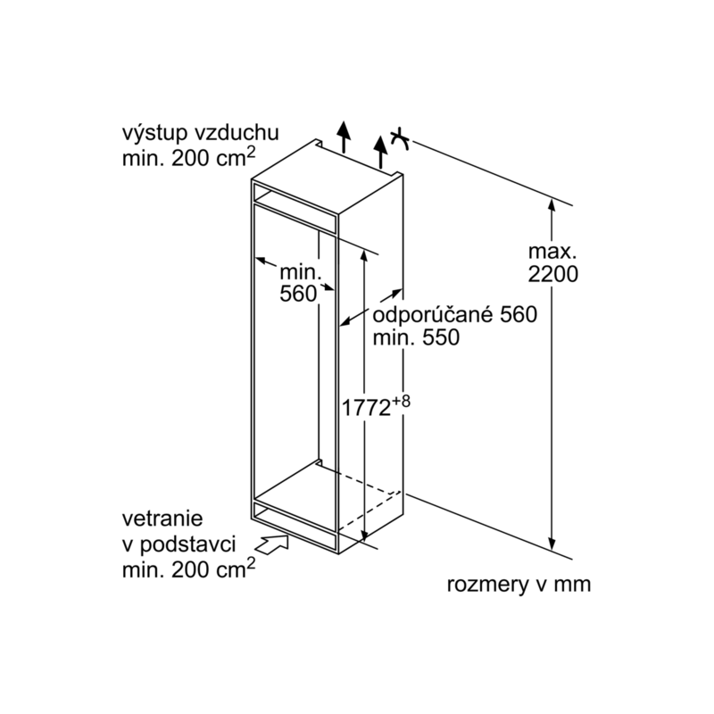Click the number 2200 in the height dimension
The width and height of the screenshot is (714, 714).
pyautogui.click(x=552, y=274)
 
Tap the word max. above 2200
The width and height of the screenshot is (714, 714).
pyautogui.click(x=552, y=252)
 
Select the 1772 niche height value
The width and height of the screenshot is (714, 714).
pyautogui.click(x=366, y=408)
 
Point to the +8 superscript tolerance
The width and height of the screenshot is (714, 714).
pyautogui.click(x=401, y=401)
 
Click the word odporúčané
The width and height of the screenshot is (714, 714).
pyautogui.click(x=433, y=314)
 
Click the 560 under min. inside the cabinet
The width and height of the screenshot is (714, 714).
pyautogui.click(x=298, y=294)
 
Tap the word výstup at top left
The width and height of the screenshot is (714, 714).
pyautogui.click(x=154, y=135)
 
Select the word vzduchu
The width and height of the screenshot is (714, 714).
pyautogui.click(x=237, y=133)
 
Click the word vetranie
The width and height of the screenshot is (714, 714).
pyautogui.click(x=162, y=519)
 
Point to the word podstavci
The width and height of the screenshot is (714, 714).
pyautogui.click(x=188, y=545)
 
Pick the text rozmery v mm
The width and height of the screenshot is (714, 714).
pyautogui.click(x=519, y=585)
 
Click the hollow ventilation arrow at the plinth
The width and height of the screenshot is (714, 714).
pyautogui.click(x=271, y=544)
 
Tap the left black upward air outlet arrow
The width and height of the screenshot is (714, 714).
pyautogui.click(x=344, y=137)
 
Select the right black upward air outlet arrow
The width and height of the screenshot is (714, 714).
pyautogui.click(x=380, y=152)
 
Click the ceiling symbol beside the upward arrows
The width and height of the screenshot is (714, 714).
pyautogui.click(x=400, y=139)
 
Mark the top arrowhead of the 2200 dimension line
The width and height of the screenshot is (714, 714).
pyautogui.click(x=552, y=205)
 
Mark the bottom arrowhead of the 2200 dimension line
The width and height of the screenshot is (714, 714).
pyautogui.click(x=552, y=544)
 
